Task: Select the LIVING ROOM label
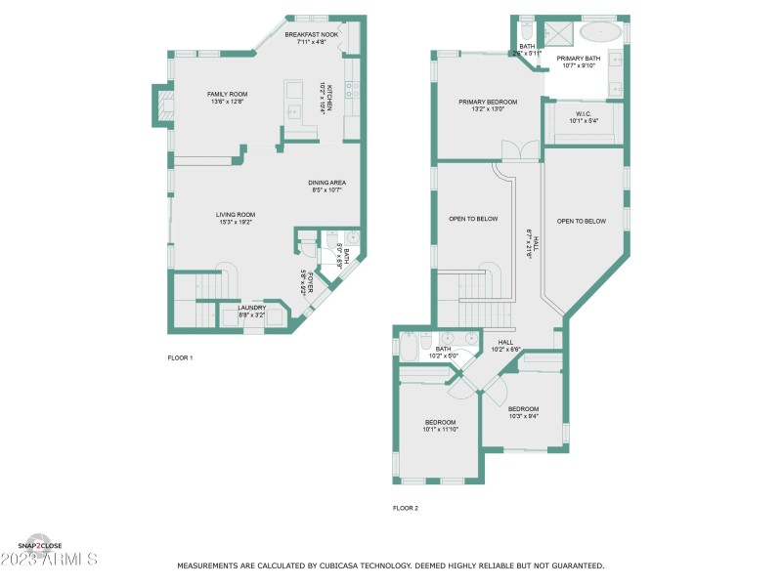236,215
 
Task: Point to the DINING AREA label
327,183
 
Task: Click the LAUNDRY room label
251,308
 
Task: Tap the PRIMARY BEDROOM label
488,102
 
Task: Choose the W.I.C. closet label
585,113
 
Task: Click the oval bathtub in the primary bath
599,32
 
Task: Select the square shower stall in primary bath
558,32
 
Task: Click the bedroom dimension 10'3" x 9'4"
523,416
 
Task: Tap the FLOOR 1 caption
180,358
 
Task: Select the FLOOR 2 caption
406,508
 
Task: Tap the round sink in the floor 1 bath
351,237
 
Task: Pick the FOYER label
305,281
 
